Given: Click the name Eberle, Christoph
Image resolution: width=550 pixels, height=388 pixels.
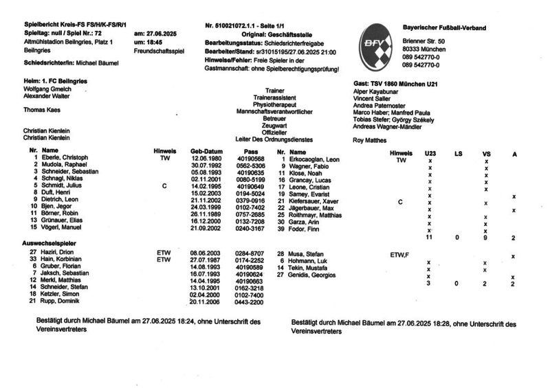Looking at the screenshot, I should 64,158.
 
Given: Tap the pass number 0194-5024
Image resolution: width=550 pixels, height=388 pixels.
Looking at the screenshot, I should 250,194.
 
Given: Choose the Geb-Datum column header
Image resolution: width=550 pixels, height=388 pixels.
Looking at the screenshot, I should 206,150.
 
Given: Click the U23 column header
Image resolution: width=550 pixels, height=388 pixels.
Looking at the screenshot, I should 430,152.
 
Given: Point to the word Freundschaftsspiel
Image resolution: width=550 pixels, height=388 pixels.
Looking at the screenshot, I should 160,51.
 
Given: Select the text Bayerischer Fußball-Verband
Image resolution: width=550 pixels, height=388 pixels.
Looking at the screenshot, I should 444,27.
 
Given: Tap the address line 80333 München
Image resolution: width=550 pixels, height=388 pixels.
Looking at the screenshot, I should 425,50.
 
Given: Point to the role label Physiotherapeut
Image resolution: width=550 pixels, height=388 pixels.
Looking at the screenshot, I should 274,104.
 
